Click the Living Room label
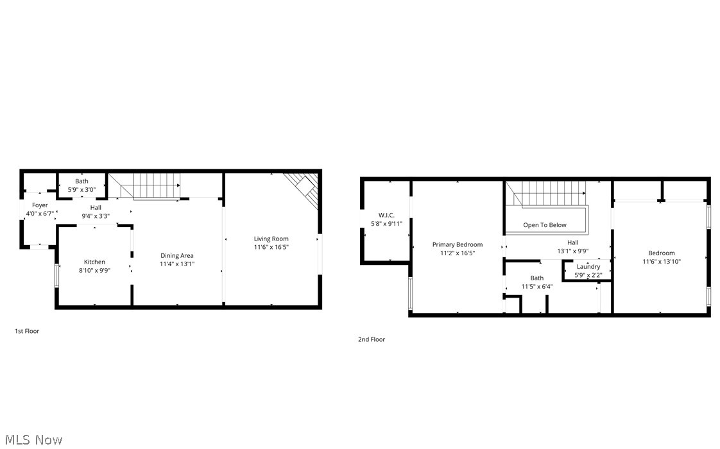point(271,239)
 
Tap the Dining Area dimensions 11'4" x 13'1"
point(177,264)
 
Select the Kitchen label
point(94,262)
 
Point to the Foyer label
point(40,205)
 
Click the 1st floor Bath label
point(81,182)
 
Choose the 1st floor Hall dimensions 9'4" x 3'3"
point(96,216)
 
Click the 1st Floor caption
point(27,331)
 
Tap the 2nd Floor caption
point(372,339)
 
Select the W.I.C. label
point(386,215)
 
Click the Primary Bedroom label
point(457,244)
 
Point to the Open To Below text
point(544,225)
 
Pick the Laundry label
point(588,267)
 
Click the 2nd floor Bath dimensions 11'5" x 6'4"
point(536,286)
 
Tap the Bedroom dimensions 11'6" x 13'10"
point(661,261)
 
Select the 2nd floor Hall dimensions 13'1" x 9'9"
point(572,251)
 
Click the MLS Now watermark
point(32,439)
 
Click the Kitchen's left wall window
point(56,275)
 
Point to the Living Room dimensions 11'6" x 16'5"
point(271,247)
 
